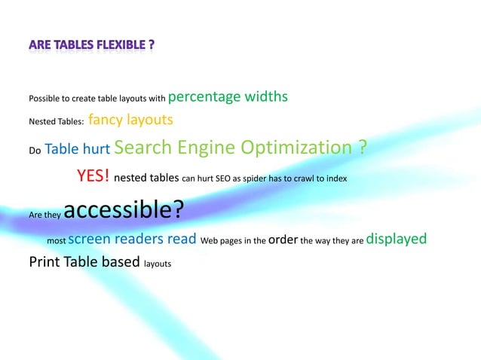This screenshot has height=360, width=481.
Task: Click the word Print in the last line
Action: click(x=44, y=263)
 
